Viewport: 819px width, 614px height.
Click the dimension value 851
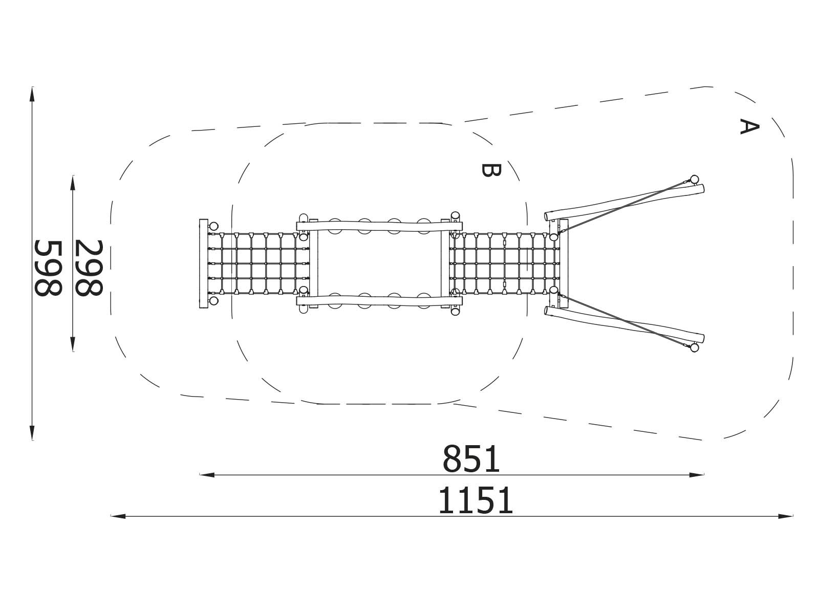(x=471, y=459)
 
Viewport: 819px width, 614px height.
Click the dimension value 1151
(x=476, y=501)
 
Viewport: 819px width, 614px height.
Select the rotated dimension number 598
(x=48, y=268)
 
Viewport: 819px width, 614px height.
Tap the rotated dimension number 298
(x=89, y=268)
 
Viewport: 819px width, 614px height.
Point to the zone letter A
(x=749, y=126)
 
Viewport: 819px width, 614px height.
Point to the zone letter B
(x=491, y=170)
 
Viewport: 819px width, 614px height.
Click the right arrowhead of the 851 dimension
(x=696, y=475)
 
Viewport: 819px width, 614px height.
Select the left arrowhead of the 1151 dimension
(x=118, y=516)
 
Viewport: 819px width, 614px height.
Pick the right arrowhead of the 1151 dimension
(x=785, y=516)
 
